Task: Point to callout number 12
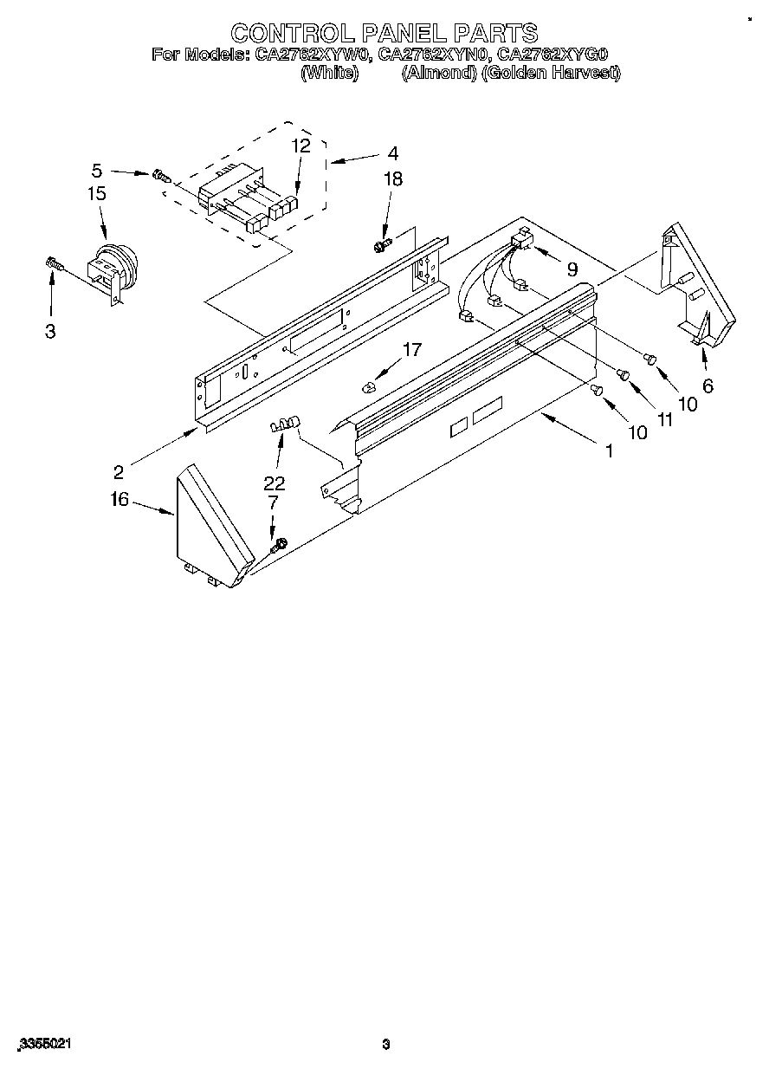click(x=300, y=146)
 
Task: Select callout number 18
click(x=393, y=179)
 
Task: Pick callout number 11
click(x=664, y=419)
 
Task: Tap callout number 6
click(x=708, y=386)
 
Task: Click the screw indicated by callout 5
click(x=161, y=176)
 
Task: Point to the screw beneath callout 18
click(x=381, y=246)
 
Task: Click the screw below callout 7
click(x=277, y=546)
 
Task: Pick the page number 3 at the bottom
click(x=386, y=1044)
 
